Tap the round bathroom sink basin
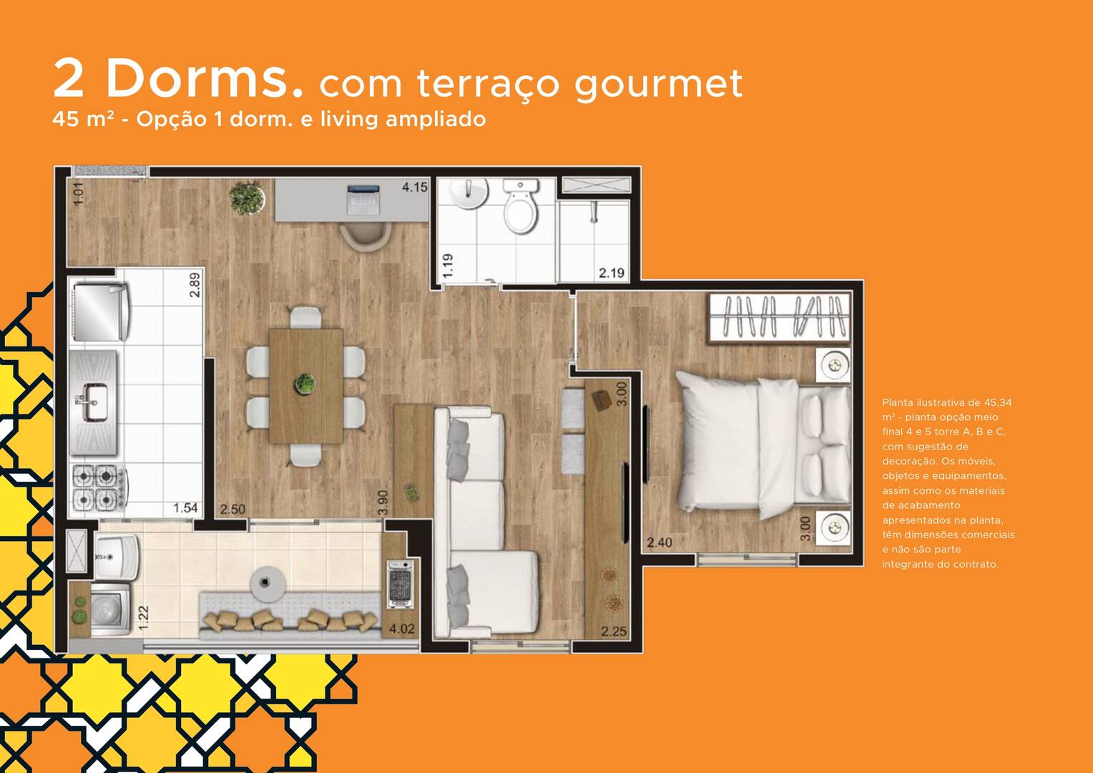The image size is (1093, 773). point(469,193)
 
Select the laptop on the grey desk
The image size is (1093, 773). point(363,199)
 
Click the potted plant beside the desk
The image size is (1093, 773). point(247,198)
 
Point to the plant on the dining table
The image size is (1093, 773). point(306,384)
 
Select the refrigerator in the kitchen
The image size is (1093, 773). point(101,313)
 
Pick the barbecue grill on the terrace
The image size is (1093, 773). point(400,584)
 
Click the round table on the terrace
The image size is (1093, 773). point(268,584)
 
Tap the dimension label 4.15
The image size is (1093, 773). point(414,187)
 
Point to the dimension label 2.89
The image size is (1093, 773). point(195,285)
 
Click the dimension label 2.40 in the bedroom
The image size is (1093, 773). point(660,542)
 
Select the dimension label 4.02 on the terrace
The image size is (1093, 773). point(401,628)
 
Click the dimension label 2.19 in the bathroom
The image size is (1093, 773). point(612,273)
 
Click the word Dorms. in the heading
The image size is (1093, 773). point(204,78)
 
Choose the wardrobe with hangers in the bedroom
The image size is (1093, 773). point(779,317)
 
